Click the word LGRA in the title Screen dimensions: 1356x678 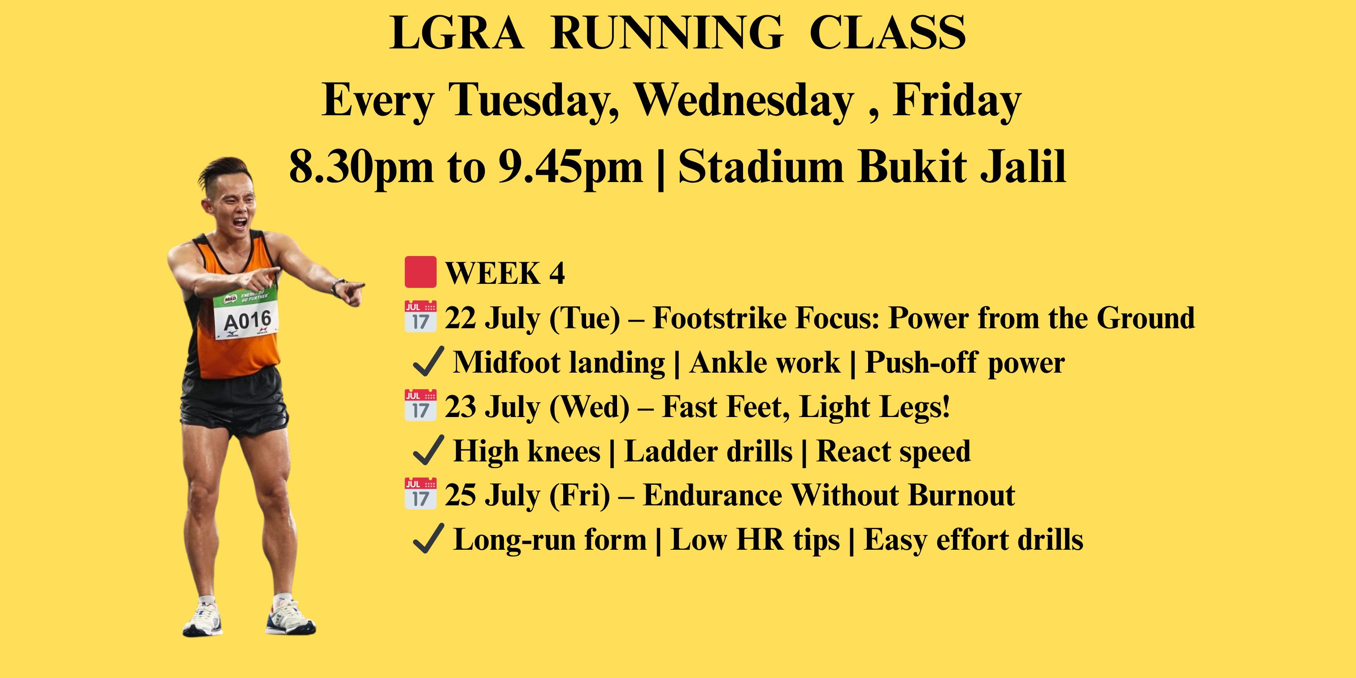(x=457, y=33)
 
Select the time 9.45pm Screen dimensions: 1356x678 (x=571, y=167)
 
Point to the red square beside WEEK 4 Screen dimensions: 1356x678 (x=420, y=272)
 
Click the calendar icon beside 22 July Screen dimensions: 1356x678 (x=420, y=317)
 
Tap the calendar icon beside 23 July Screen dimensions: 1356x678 (x=420, y=405)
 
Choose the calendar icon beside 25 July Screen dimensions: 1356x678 (x=420, y=493)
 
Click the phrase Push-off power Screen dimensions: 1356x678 (x=965, y=363)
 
